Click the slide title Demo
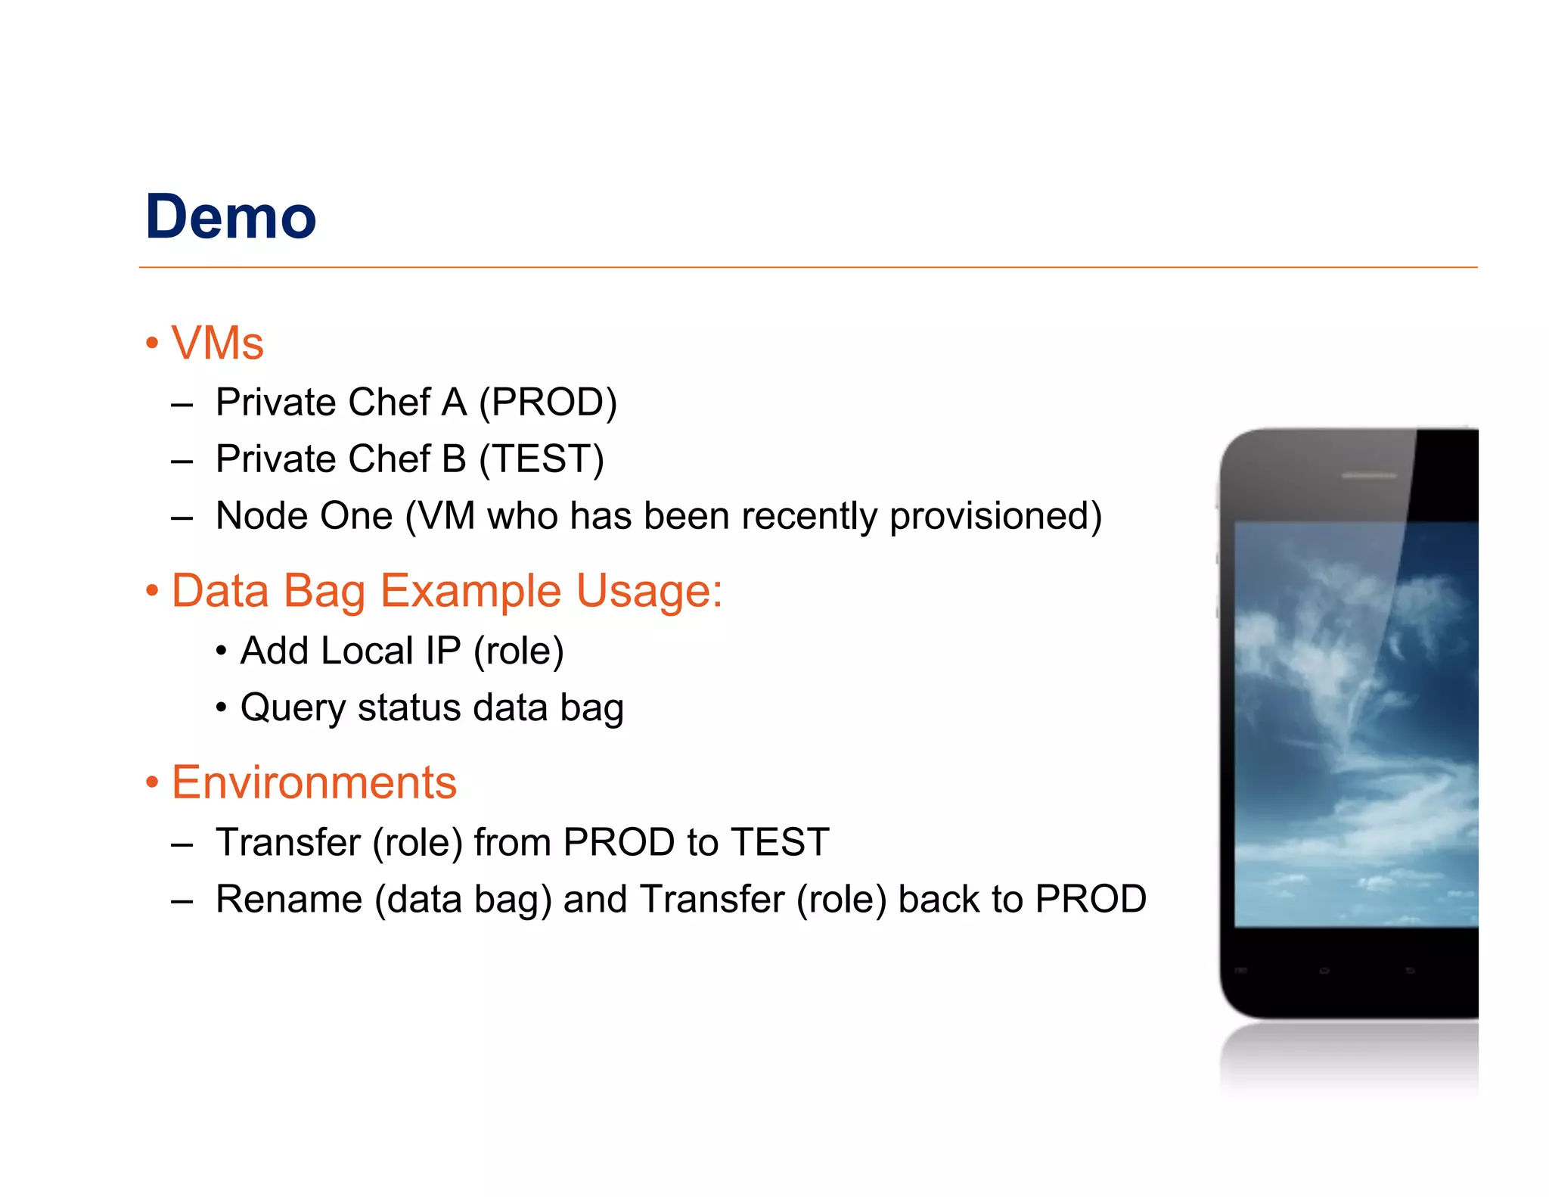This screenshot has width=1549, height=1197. click(231, 217)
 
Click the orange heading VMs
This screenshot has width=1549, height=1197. click(217, 344)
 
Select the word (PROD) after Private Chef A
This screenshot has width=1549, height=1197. click(548, 403)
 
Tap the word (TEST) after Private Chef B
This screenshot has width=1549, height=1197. click(542, 459)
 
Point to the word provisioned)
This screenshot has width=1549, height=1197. click(995, 518)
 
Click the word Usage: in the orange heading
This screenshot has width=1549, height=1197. click(649, 591)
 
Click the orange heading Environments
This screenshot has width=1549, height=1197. click(314, 782)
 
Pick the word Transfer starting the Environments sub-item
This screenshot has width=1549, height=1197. click(287, 842)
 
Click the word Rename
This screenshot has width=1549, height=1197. click(289, 900)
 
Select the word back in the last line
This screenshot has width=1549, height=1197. click(940, 900)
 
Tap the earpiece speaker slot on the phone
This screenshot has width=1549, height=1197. click(1369, 476)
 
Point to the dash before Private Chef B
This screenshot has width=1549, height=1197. click(182, 461)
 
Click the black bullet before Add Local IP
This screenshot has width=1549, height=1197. click(221, 651)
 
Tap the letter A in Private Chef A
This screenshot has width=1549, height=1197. click(455, 403)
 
